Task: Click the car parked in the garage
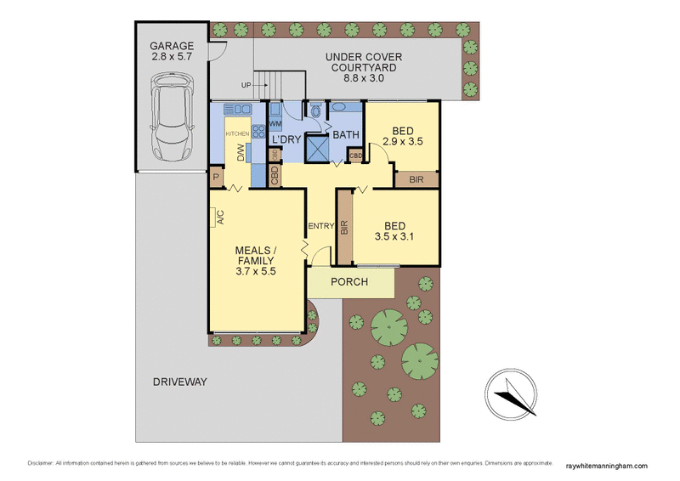(x=172, y=116)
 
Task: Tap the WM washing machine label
(x=275, y=124)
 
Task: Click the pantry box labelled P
(x=217, y=178)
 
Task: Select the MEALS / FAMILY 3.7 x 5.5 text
(x=256, y=260)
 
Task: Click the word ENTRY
(x=322, y=225)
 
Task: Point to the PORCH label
(x=350, y=281)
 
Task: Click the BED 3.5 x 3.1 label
(x=394, y=232)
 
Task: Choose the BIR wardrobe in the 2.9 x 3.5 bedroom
(x=416, y=179)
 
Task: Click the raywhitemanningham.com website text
(x=605, y=465)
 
